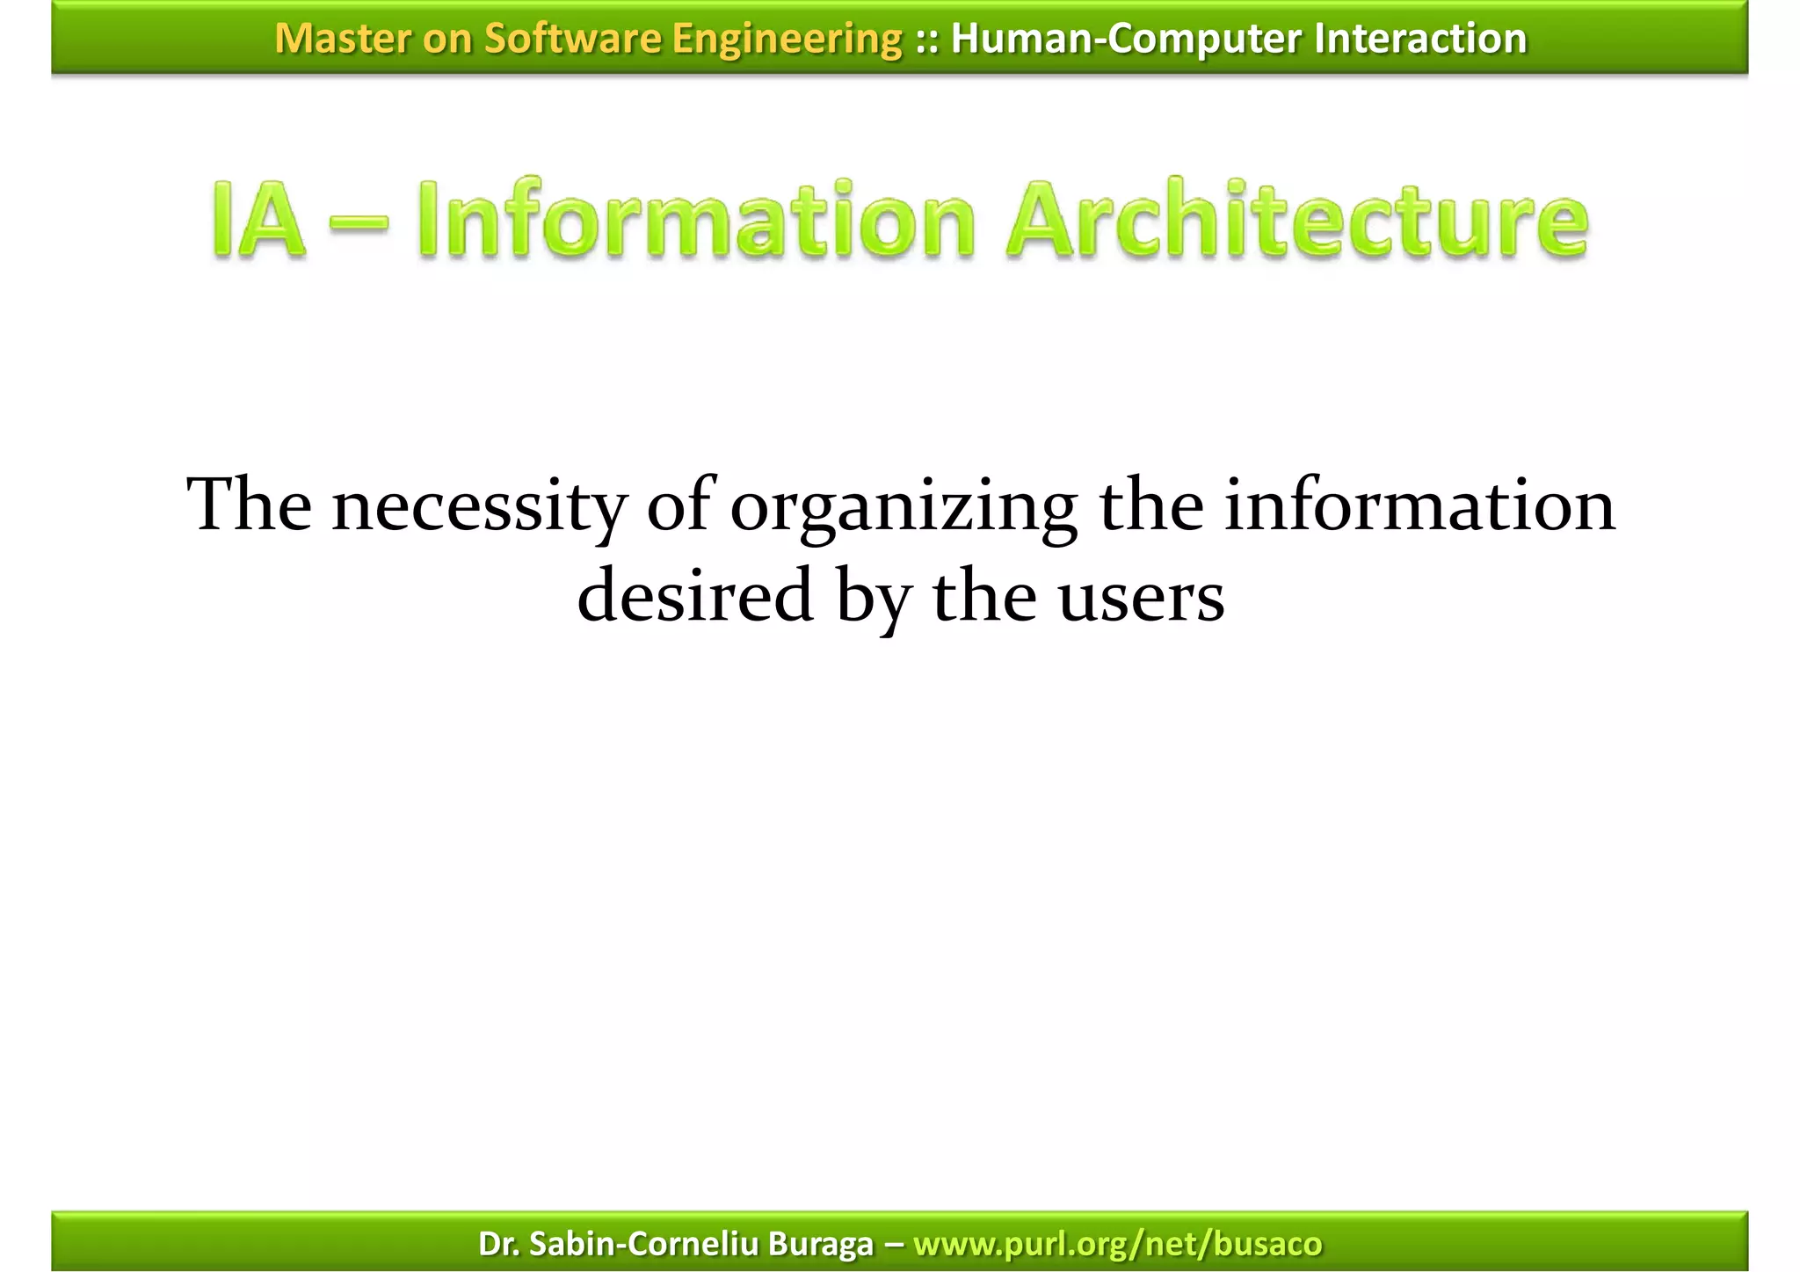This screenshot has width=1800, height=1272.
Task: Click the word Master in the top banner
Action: pyautogui.click(x=342, y=39)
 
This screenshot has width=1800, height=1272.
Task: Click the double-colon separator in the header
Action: pyautogui.click(x=926, y=39)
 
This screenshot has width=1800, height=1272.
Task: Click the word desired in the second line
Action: pyautogui.click(x=694, y=596)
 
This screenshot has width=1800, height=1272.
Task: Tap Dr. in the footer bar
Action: pyautogui.click(x=498, y=1244)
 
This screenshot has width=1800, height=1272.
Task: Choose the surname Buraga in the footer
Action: pyautogui.click(x=820, y=1244)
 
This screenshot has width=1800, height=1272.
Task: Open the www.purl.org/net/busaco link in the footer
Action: pyautogui.click(x=1117, y=1244)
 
